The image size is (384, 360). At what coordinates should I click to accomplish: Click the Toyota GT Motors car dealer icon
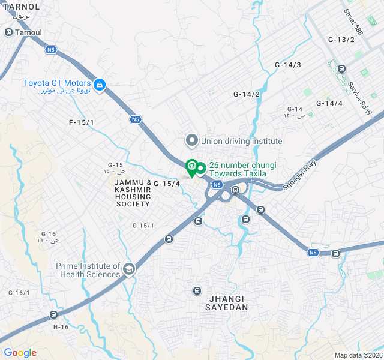[100, 85]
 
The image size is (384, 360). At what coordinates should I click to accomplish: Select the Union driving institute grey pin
[192, 141]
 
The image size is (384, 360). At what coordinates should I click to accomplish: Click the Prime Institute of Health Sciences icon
[128, 270]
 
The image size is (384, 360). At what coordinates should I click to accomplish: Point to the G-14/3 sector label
[288, 65]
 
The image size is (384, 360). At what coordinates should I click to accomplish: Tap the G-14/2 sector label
[247, 94]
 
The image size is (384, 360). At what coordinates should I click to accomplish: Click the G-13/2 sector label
[341, 40]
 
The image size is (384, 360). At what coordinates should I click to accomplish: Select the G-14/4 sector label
[329, 103]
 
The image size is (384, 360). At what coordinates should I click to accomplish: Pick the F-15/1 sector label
[82, 122]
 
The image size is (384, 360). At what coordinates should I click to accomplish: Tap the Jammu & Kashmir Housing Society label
[133, 193]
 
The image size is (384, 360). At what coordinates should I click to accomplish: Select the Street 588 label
[354, 20]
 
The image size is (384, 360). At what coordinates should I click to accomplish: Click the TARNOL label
[20, 7]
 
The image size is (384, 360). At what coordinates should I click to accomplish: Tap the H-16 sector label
[61, 327]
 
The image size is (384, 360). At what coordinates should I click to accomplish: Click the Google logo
[20, 353]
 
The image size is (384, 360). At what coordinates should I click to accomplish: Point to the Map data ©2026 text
[358, 355]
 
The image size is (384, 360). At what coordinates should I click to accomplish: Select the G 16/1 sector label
[19, 293]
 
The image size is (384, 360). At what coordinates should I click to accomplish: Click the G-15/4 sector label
[167, 184]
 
